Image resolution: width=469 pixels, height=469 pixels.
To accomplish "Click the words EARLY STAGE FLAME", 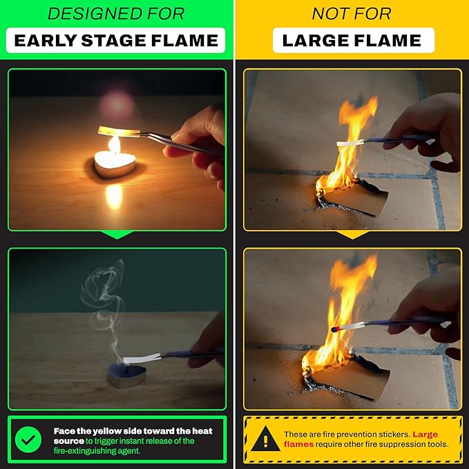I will [x=117, y=40].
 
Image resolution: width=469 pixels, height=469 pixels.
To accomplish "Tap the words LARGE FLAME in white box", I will [x=352, y=40].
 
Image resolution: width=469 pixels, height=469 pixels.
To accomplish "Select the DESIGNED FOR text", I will [x=117, y=13].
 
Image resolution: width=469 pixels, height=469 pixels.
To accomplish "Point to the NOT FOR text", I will [x=352, y=13].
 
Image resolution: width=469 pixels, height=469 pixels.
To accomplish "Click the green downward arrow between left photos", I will [x=117, y=236].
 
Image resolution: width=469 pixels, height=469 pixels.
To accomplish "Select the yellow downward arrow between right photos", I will [x=352, y=236].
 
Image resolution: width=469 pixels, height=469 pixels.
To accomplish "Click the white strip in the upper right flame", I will [x=350, y=142].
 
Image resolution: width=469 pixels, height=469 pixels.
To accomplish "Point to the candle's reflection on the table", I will [x=114, y=195].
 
